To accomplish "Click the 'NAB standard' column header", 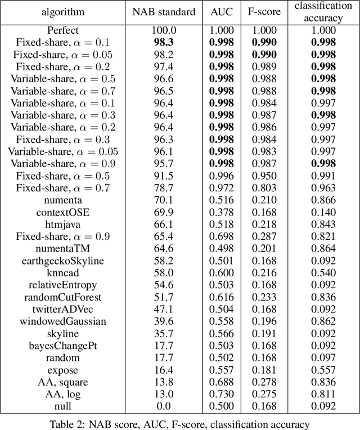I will pyautogui.click(x=164, y=12).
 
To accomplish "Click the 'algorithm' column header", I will pyautogui.click(x=63, y=12).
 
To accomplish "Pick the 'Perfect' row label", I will pyautogui.click(x=63, y=31).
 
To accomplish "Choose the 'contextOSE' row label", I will pyautogui.click(x=63, y=213).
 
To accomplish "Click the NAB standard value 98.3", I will pyautogui.click(x=164, y=42).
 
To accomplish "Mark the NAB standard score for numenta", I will pyautogui.click(x=164, y=200).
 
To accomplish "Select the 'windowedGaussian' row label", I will pyautogui.click(x=63, y=321).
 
